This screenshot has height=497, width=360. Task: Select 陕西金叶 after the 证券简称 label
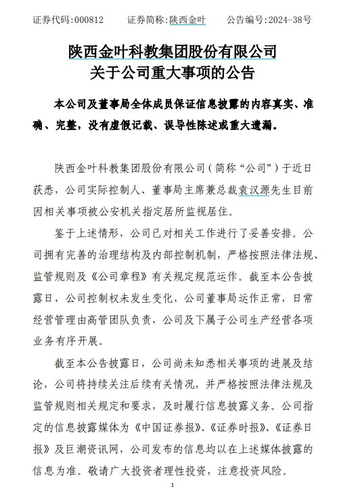point(189,20)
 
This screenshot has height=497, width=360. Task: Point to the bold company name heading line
point(173,51)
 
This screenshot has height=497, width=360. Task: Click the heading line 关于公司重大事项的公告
point(173,72)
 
